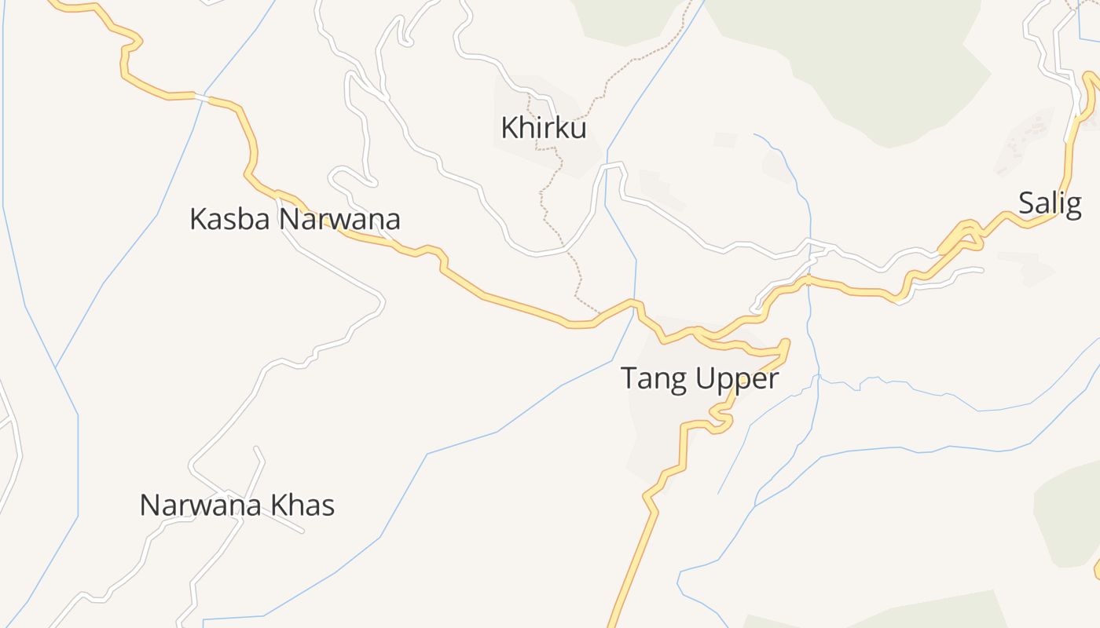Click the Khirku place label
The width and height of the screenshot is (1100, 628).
pyautogui.click(x=544, y=127)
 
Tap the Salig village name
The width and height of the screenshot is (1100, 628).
pyautogui.click(x=1050, y=203)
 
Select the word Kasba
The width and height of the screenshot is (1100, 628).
pyautogui.click(x=230, y=219)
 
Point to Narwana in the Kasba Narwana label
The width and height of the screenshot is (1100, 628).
pyautogui.click(x=339, y=219)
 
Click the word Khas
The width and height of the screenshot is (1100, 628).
pyautogui.click(x=302, y=505)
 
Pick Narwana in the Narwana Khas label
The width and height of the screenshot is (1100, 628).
pyautogui.click(x=201, y=505)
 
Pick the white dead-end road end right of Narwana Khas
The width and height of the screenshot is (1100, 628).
pyautogui.click(x=302, y=532)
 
